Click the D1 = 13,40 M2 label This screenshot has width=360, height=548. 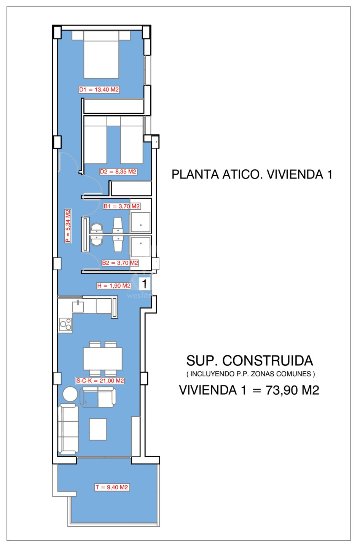[99, 89]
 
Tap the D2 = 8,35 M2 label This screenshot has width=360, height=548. [118, 172]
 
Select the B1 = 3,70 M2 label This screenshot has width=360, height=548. [121, 206]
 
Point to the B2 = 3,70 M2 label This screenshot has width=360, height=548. [120, 263]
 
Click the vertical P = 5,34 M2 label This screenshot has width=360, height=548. [68, 226]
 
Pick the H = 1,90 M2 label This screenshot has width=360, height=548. [114, 285]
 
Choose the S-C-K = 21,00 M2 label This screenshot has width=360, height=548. [100, 381]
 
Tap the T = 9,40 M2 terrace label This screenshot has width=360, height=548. [112, 487]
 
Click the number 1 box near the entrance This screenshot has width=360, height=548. [144, 284]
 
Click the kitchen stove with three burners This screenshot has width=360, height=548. [65, 325]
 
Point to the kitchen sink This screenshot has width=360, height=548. [78, 306]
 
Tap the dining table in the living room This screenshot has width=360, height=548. [102, 358]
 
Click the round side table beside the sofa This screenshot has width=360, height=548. [70, 394]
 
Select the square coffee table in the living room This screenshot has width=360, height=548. [98, 429]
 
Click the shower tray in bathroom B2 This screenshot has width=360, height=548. [140, 247]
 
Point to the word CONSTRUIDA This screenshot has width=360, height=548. [268, 361]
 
